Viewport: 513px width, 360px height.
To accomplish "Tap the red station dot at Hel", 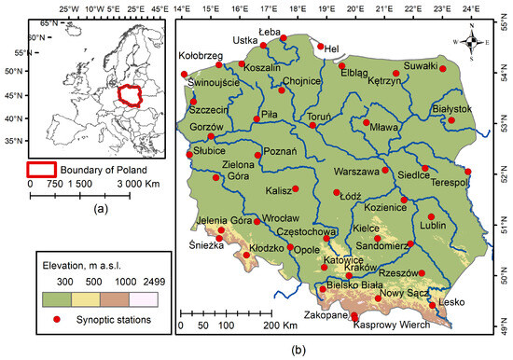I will coord(321,46).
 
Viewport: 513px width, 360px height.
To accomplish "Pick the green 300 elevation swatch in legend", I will coord(59,297).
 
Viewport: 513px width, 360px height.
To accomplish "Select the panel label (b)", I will coord(298,351).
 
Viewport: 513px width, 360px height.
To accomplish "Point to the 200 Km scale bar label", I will coord(281,326).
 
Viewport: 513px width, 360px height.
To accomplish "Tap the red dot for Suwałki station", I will coord(443,69).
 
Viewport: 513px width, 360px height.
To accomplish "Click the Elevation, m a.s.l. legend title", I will coord(90,263).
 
